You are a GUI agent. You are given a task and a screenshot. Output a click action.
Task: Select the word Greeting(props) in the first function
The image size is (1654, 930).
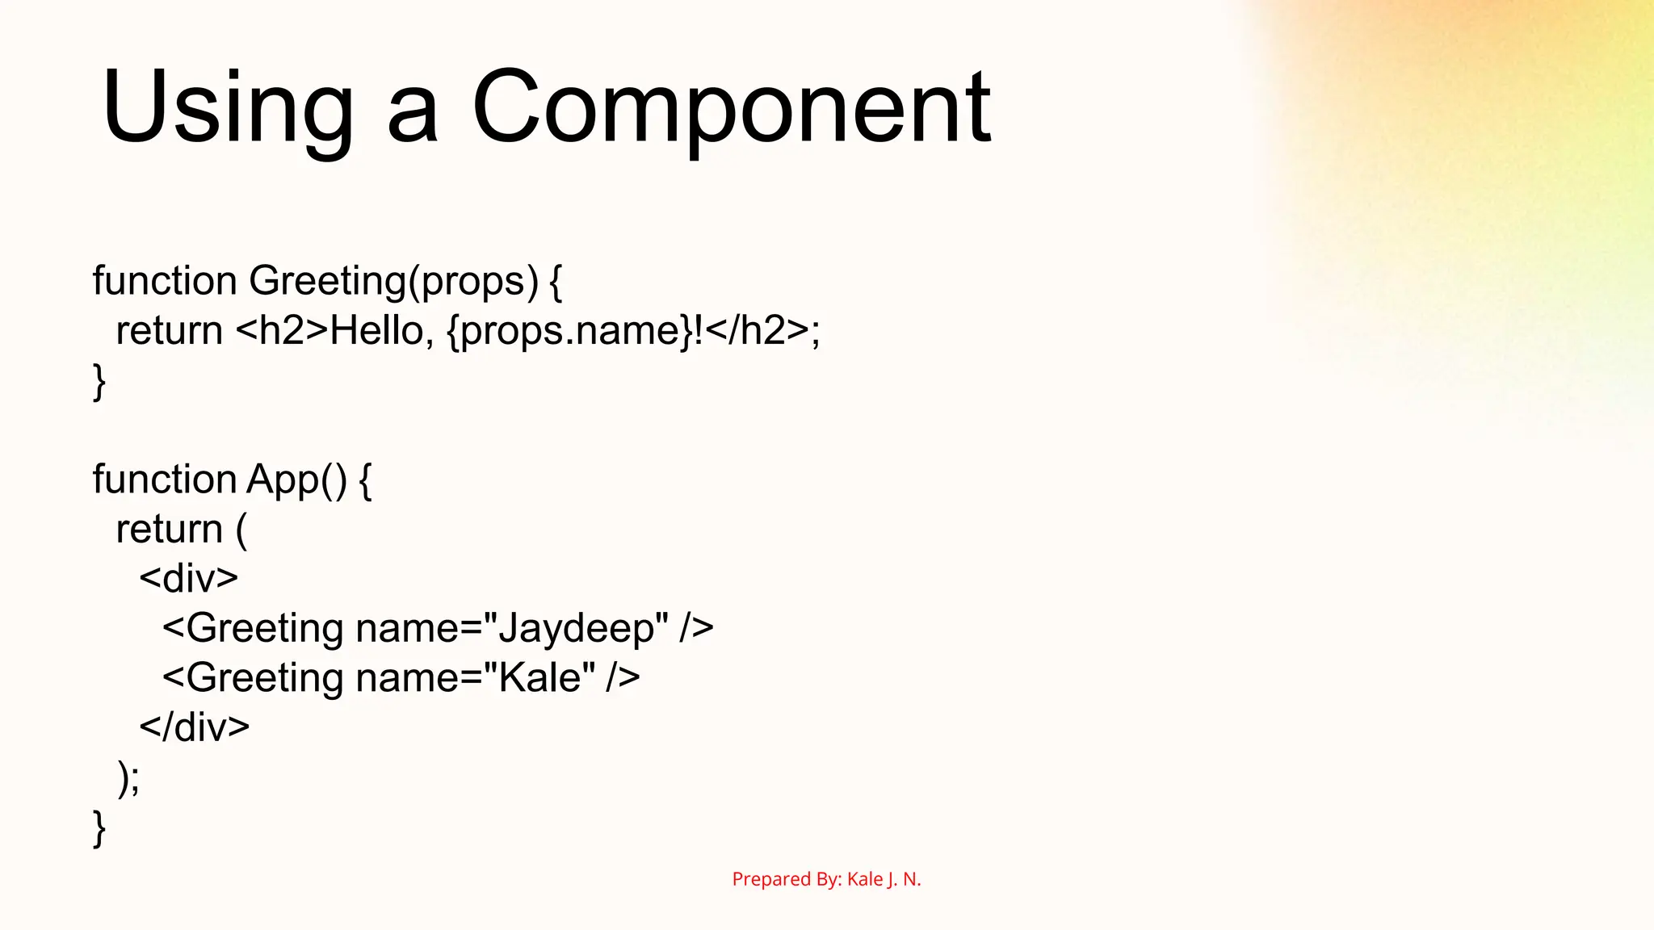pyautogui.click(x=393, y=281)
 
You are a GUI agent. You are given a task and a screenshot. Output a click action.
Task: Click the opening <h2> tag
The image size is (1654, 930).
pyautogui.click(x=282, y=330)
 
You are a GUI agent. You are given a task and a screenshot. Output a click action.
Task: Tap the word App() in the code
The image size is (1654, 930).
pyautogui.click(x=296, y=480)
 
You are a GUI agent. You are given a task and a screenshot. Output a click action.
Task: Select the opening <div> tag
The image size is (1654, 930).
pyautogui.click(x=189, y=579)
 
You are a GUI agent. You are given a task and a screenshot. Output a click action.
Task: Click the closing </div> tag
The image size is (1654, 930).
pyautogui.click(x=195, y=727)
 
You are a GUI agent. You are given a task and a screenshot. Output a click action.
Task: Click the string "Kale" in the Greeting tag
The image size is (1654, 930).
pyautogui.click(x=539, y=678)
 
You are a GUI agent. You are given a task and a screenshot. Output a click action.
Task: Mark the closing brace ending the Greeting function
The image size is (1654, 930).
pyautogui.click(x=99, y=381)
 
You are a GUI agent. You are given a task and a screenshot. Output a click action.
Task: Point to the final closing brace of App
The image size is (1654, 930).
pyautogui.click(x=99, y=827)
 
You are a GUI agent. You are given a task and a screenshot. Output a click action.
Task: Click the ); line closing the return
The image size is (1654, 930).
pyautogui.click(x=128, y=777)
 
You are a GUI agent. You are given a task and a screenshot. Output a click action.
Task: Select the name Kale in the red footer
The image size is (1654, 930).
pyautogui.click(x=865, y=879)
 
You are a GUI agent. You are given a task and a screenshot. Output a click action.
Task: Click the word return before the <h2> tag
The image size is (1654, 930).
pyautogui.click(x=169, y=330)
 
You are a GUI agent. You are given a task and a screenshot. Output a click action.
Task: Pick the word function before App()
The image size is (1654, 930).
pyautogui.click(x=164, y=480)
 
